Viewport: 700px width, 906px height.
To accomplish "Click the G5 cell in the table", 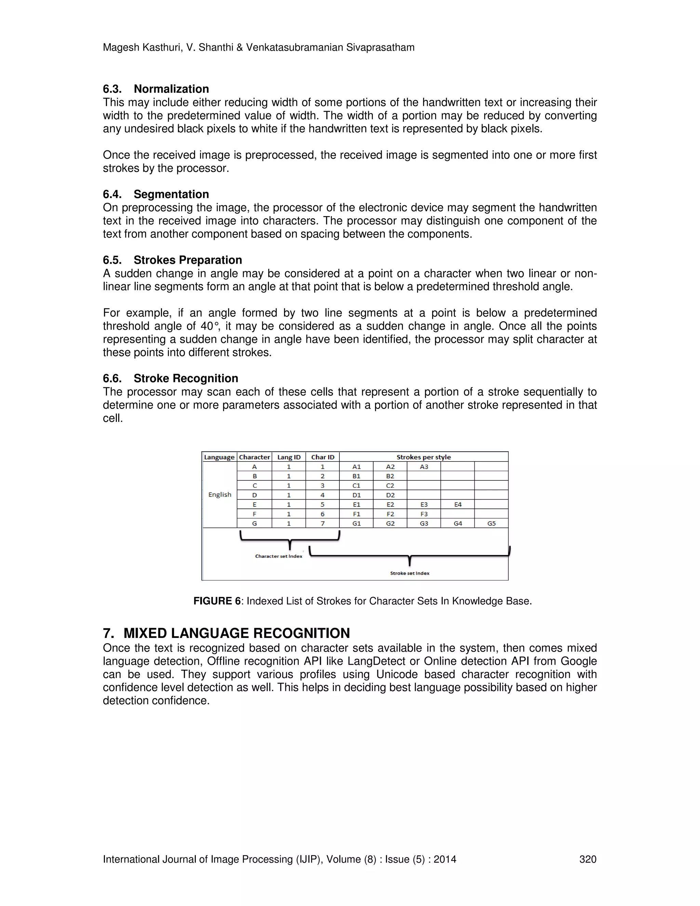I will tap(491, 523).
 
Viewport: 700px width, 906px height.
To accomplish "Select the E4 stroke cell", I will tap(457, 504).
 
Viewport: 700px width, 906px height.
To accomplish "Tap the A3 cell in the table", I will tap(424, 467).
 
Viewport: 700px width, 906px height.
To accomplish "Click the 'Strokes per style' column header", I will tap(423, 457).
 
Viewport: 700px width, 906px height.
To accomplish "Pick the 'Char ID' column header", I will tap(323, 457).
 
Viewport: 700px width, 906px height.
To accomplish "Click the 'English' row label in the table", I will tap(220, 494).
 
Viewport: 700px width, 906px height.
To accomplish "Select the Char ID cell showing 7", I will tap(323, 523).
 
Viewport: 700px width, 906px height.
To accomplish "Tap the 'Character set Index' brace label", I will tap(279, 556).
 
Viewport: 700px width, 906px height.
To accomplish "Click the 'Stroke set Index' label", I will tap(410, 573).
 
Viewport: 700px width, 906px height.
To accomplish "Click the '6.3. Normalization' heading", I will tap(156, 89).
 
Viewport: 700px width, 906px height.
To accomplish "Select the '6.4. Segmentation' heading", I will tap(156, 194).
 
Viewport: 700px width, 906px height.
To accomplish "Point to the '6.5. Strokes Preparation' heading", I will tap(173, 260).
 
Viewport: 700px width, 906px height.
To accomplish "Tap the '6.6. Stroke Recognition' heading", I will tap(171, 378).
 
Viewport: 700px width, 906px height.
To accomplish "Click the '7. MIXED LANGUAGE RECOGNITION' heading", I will tap(226, 633).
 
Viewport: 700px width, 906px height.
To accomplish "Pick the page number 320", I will tap(588, 859).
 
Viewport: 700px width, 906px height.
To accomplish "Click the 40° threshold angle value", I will tap(210, 326).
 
